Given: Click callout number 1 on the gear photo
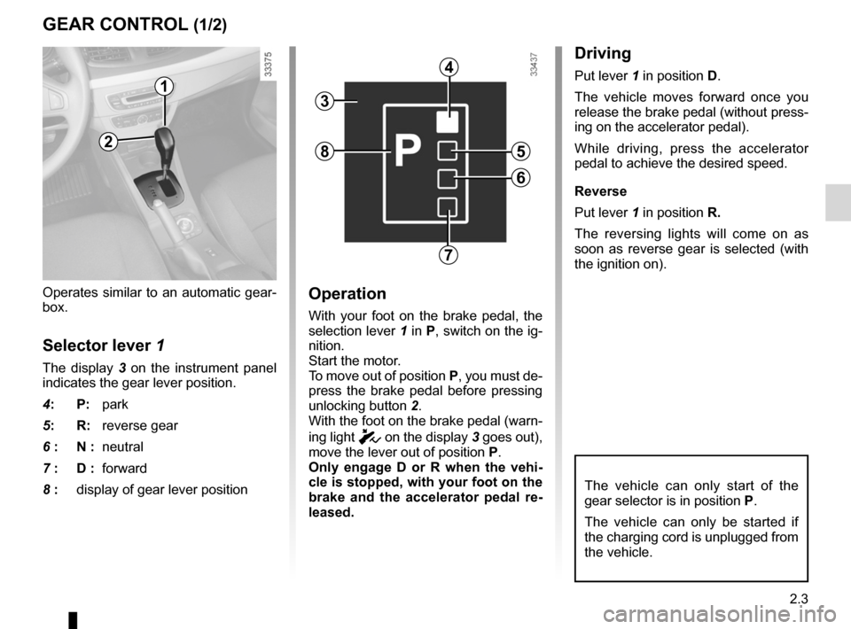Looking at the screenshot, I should [164, 86].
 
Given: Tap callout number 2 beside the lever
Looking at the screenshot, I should [107, 141].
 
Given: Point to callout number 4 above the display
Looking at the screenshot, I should [450, 66].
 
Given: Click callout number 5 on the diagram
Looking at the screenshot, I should [519, 151].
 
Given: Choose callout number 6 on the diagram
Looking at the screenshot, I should [519, 177].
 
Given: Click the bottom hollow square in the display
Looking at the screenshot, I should [449, 208].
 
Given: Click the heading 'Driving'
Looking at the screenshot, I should [603, 54].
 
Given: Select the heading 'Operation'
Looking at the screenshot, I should [347, 294].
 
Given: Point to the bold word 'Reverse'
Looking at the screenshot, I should [600, 191].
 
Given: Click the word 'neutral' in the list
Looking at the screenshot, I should [122, 447].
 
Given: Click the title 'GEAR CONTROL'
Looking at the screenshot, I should [114, 24].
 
